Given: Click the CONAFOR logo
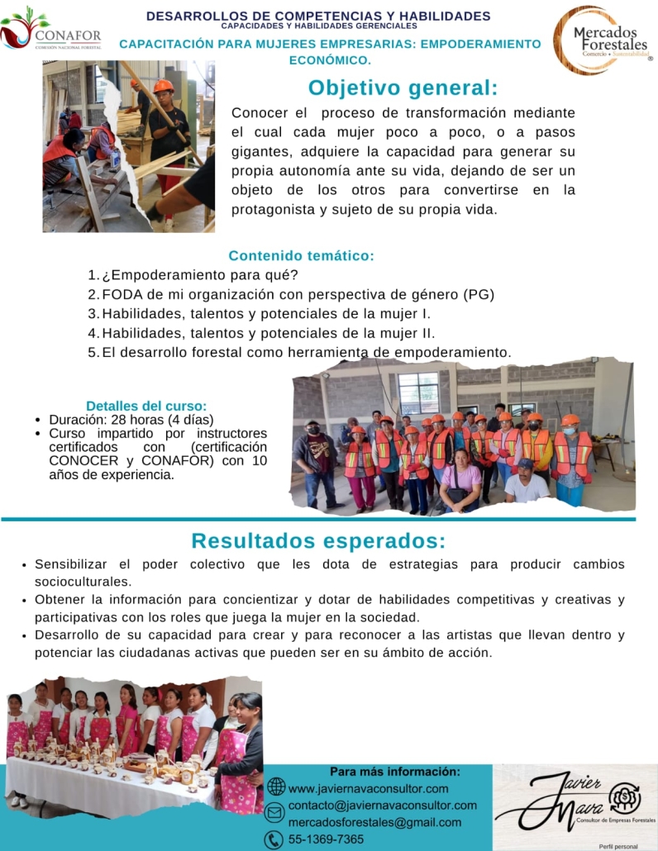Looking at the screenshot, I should [x=51, y=31].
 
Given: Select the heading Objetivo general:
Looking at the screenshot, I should [x=403, y=88].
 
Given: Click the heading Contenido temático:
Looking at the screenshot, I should [x=302, y=255].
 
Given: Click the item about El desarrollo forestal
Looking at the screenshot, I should [x=306, y=353].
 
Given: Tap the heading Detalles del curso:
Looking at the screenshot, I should [x=146, y=406].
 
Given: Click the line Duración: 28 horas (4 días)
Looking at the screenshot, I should [x=131, y=419].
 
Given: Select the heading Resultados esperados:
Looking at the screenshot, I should [x=318, y=541].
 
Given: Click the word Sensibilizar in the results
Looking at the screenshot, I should [x=71, y=564].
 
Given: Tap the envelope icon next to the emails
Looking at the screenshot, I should [x=274, y=813].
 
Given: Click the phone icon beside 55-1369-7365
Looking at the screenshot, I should [x=274, y=839].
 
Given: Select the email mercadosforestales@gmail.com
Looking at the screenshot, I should [x=374, y=822].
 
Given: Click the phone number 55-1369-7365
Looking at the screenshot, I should [x=326, y=839].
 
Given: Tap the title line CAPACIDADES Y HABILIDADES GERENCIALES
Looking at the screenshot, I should [x=318, y=26].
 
